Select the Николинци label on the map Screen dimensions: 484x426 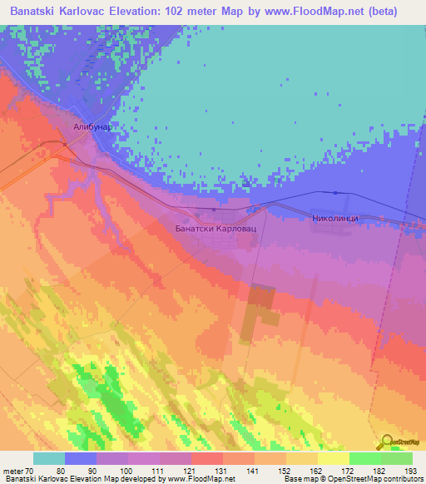click(333, 217)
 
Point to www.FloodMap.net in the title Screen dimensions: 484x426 click(325, 12)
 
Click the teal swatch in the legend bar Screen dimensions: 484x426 click(49, 458)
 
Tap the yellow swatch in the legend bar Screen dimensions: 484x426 click(333, 458)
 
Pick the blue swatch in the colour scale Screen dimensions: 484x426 click(81, 458)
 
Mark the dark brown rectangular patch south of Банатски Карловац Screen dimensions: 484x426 click(261, 311)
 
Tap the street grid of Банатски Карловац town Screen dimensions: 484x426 click(214, 244)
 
